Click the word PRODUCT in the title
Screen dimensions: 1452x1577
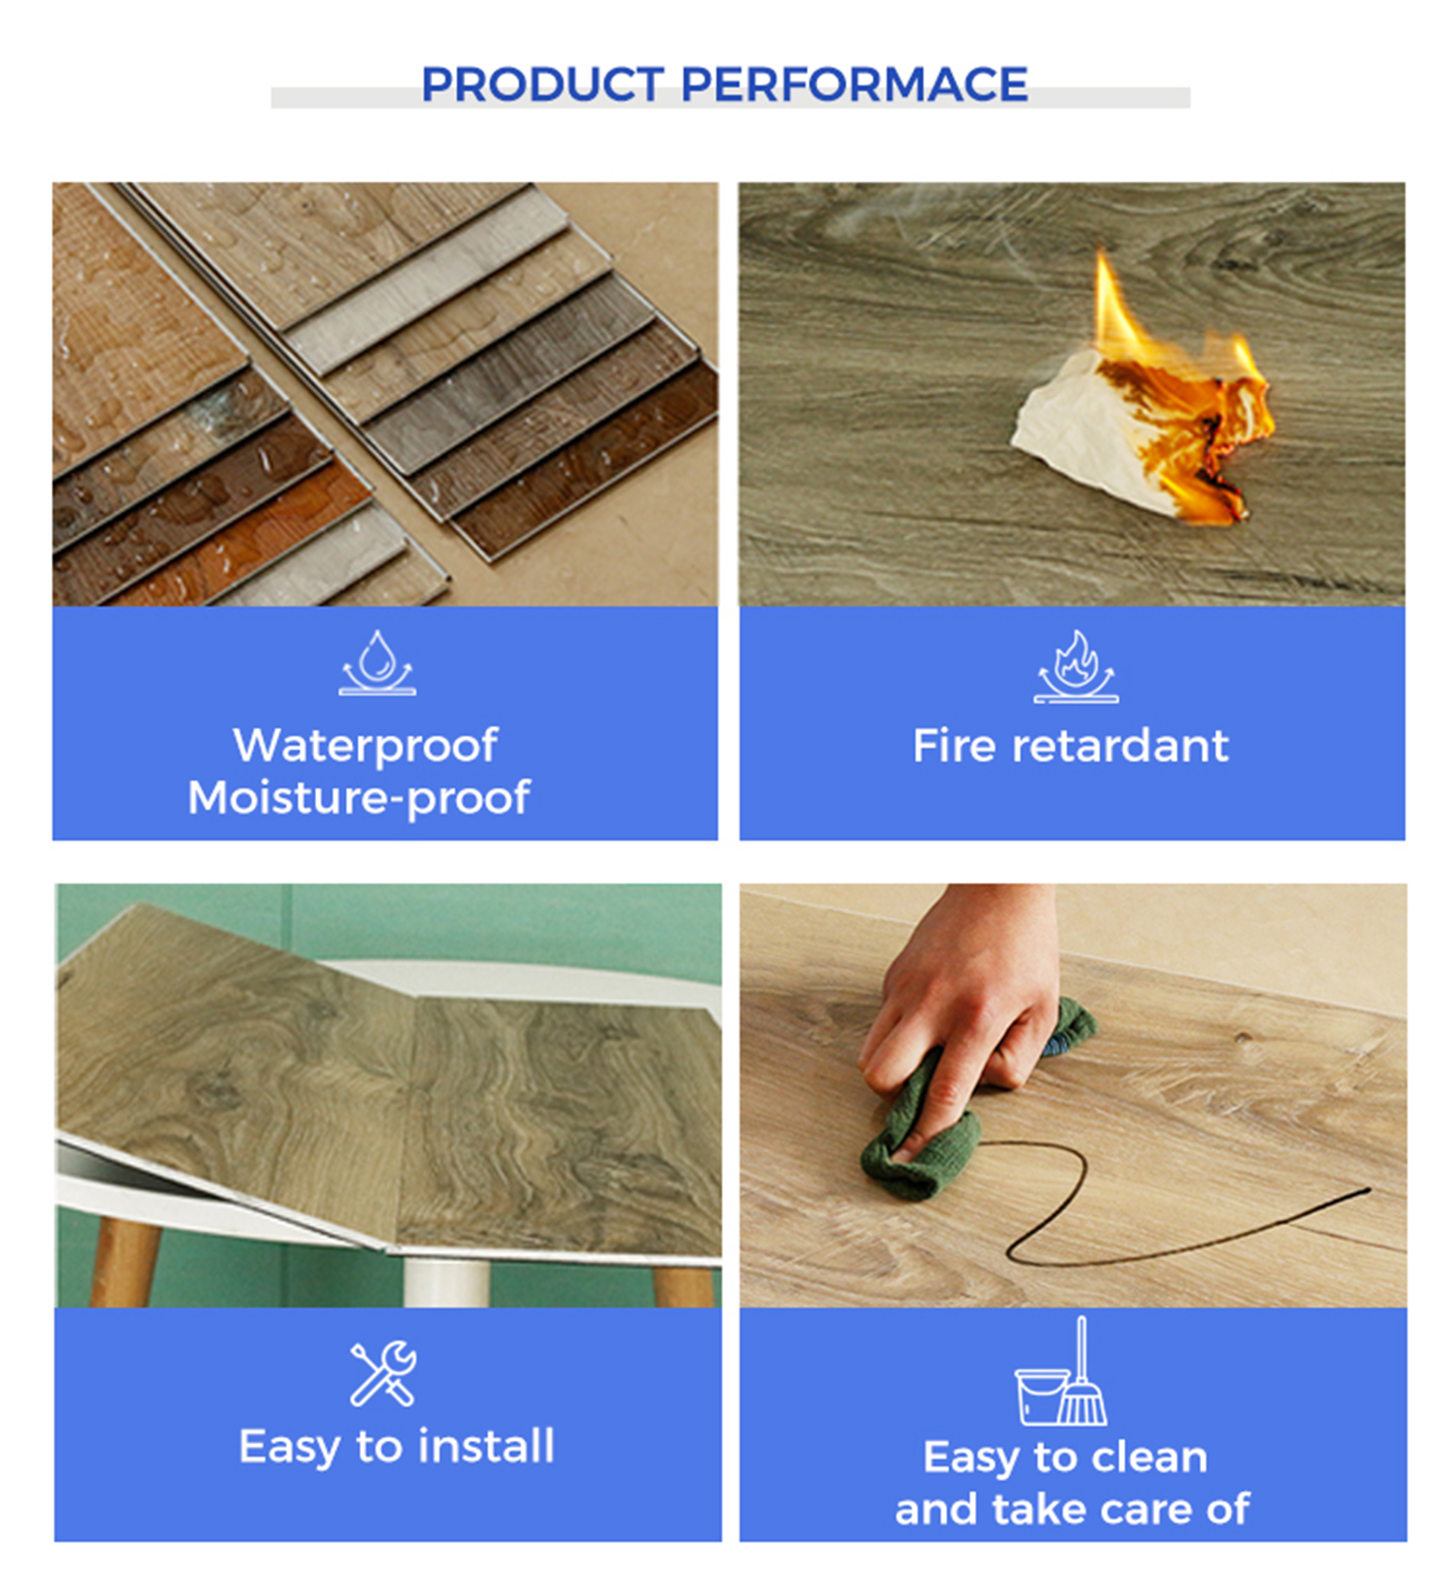(x=542, y=85)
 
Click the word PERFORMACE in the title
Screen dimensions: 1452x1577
(x=854, y=85)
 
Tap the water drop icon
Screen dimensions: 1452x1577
(x=378, y=662)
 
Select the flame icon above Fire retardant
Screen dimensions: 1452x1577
(x=1075, y=666)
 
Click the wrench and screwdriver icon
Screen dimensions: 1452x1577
(x=384, y=1373)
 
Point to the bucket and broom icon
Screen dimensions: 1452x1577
(x=1061, y=1371)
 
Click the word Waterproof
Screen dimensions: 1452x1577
(x=365, y=746)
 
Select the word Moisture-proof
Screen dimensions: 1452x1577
(x=359, y=797)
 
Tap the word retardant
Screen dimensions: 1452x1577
(x=1120, y=746)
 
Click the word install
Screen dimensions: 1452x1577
(x=486, y=1446)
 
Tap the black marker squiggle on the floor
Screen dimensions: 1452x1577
(x=1173, y=1223)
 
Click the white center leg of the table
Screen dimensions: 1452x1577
(x=446, y=1283)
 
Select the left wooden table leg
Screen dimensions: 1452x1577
(x=124, y=1263)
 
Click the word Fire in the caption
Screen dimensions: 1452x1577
(x=953, y=746)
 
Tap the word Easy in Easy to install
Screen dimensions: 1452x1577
(x=289, y=1448)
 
